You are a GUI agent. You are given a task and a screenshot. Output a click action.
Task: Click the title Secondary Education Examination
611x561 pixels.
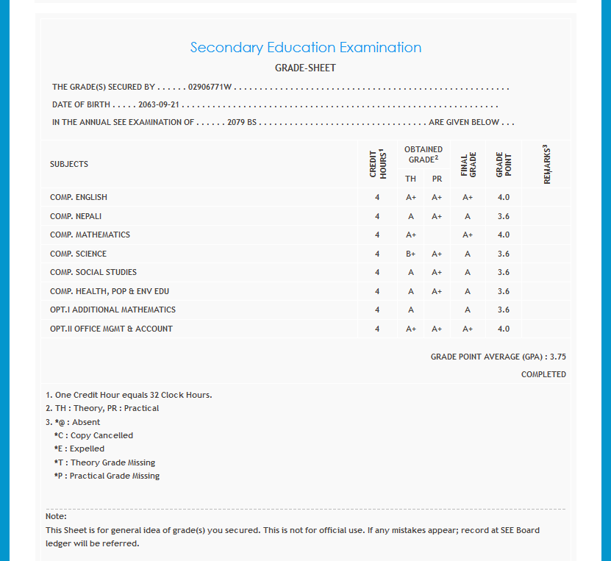[305, 48]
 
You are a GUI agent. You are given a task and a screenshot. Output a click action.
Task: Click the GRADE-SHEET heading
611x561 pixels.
[305, 68]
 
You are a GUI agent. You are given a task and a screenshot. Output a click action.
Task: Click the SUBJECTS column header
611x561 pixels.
[69, 164]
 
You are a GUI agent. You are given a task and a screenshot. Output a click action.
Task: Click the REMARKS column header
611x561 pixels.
[546, 164]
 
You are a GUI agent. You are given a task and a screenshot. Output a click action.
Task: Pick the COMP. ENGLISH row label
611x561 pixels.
[79, 197]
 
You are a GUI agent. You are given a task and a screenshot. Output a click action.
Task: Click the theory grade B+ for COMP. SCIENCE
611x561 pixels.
[411, 254]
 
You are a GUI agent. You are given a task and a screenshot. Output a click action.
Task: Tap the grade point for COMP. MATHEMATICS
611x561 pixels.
[503, 235]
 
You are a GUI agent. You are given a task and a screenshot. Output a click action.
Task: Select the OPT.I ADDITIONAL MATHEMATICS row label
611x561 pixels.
[112, 310]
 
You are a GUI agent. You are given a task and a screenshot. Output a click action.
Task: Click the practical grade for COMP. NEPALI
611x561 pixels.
[437, 216]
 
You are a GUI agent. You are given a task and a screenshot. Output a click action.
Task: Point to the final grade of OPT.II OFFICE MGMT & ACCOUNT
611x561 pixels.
[468, 329]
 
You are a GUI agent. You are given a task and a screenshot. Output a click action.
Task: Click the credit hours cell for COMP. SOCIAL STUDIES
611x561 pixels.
[377, 272]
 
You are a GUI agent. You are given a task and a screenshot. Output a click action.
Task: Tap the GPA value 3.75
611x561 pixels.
[557, 357]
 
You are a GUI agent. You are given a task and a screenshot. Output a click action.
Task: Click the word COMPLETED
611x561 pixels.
[543, 374]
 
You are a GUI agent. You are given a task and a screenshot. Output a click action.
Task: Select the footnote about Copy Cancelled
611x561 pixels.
[93, 435]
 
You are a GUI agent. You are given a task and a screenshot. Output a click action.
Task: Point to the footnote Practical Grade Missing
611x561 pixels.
[107, 476]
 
